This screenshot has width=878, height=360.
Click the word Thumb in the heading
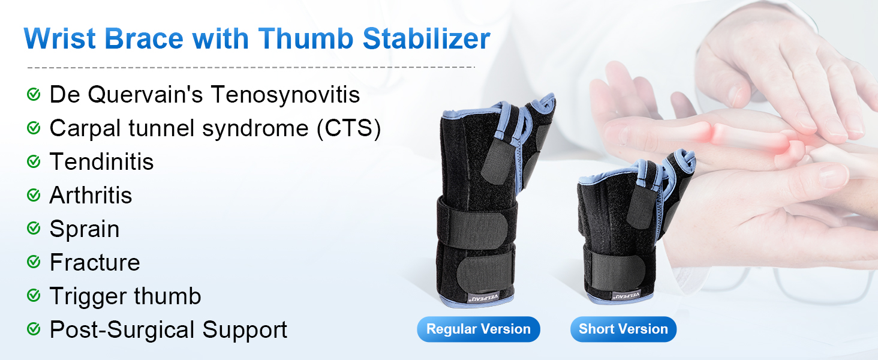(x=306, y=39)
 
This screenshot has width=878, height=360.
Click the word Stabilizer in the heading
(x=426, y=39)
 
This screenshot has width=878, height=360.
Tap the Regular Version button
(x=478, y=329)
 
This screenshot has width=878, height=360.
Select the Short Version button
(x=623, y=329)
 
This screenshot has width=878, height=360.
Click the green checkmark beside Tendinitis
(x=34, y=161)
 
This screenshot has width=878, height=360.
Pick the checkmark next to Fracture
(x=34, y=262)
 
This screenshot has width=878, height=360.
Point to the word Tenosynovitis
(x=285, y=95)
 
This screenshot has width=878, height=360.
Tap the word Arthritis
(x=91, y=195)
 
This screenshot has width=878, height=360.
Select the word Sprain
(x=85, y=229)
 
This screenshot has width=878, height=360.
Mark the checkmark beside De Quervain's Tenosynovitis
(x=34, y=94)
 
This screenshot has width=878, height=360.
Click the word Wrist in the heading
(x=60, y=39)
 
